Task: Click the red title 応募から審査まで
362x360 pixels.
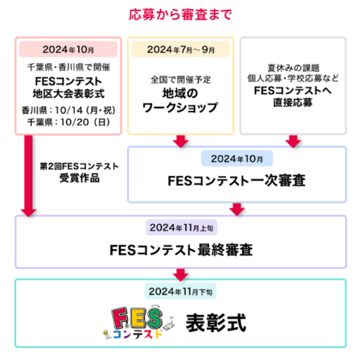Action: tap(180, 14)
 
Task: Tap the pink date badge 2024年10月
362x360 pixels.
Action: tap(68, 49)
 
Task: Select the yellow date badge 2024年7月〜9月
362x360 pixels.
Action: tap(181, 49)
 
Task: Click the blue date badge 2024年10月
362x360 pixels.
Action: tap(237, 158)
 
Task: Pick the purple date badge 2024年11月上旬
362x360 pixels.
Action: tap(182, 227)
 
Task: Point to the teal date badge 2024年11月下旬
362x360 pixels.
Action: tap(181, 291)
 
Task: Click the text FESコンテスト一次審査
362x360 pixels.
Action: tap(237, 181)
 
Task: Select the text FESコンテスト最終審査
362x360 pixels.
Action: tap(181, 250)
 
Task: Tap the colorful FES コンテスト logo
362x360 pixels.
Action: tap(139, 322)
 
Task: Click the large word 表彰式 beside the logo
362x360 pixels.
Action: tap(216, 323)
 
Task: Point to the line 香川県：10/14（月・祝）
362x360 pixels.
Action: tap(68, 110)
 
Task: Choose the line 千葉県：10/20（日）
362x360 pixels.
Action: tap(68, 122)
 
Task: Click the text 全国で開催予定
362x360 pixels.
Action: tap(181, 80)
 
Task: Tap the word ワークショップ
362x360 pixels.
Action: tap(180, 108)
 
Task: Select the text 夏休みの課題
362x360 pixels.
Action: tap(293, 67)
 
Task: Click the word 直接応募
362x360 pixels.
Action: tap(293, 103)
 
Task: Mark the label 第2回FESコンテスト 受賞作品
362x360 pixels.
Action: tap(80, 172)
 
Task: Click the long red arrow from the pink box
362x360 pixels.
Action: tap(28, 175)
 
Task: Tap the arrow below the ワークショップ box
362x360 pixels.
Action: tap(181, 141)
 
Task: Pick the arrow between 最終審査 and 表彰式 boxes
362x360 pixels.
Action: tap(181, 274)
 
